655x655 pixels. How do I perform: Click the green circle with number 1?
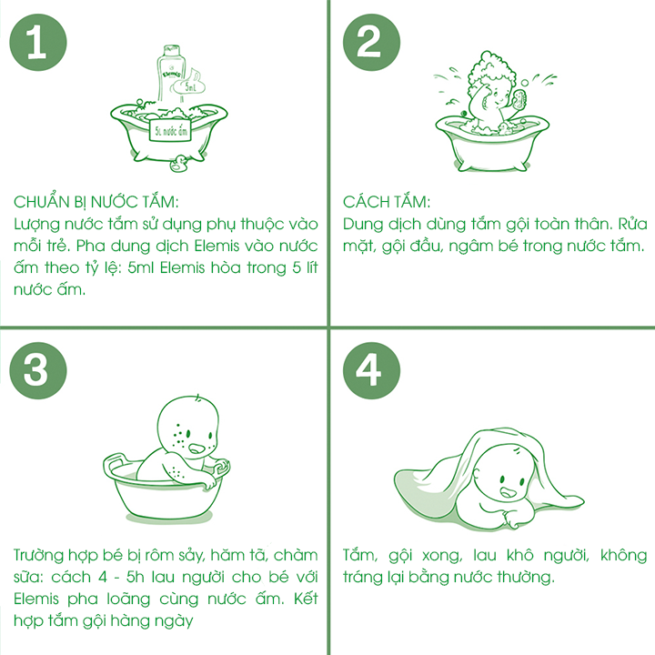coord(38,42)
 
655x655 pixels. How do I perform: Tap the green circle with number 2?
coord(371,42)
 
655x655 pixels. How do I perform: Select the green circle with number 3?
coord(38,370)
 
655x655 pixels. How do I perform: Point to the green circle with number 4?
coord(371,370)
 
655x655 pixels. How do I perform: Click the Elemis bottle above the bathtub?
coord(170,75)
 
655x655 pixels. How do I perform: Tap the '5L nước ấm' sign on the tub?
coord(170,131)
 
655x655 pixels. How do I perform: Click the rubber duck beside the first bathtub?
coord(179,164)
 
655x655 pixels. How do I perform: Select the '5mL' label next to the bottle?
coord(190,87)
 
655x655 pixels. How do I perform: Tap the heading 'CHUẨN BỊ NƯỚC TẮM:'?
coord(96,202)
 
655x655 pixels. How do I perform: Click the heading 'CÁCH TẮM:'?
coord(387,202)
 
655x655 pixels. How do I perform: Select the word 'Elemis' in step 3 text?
coord(35,599)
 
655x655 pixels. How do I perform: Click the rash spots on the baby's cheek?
coord(179,437)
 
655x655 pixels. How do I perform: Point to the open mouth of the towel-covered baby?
coord(507,492)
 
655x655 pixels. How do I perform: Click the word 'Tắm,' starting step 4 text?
coord(360,556)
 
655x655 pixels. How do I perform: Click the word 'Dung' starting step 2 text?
coord(361,225)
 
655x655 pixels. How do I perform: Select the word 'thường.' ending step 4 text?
coord(526,578)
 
